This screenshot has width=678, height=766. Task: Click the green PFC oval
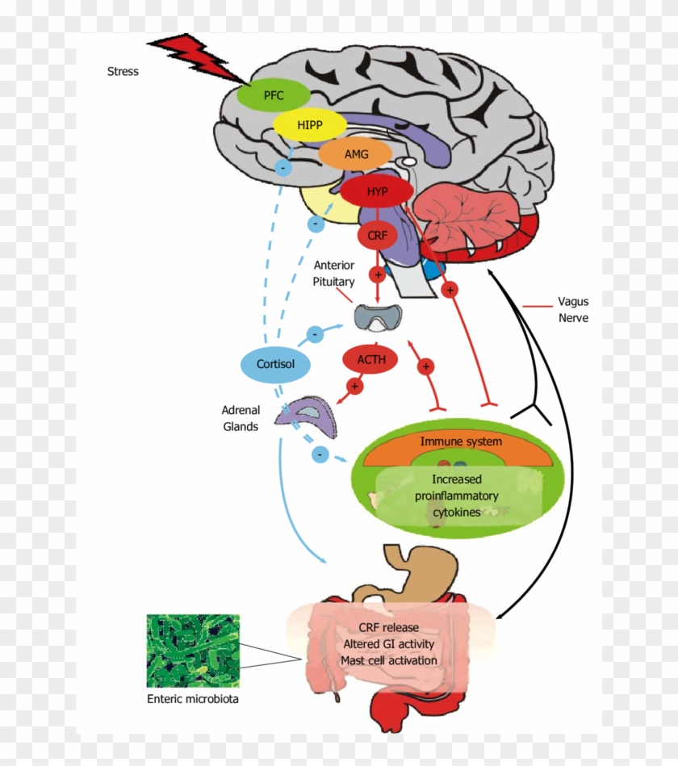[x=273, y=95]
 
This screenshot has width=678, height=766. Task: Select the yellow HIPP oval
[x=309, y=125]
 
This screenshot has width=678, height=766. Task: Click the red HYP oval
[x=377, y=191]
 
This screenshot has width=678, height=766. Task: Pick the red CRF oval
[x=377, y=235]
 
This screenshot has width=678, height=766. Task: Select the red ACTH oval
[x=370, y=359]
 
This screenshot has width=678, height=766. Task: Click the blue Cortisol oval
[x=275, y=364]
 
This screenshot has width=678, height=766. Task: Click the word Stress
[x=123, y=71]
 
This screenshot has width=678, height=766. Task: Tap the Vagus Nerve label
[x=573, y=310]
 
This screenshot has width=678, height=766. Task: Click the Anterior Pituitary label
[x=334, y=274]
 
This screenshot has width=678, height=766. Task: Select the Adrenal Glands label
[x=240, y=418]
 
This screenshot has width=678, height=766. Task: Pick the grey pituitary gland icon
[x=378, y=319]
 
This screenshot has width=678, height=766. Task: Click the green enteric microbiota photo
[x=182, y=651]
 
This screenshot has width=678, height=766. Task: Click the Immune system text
[x=460, y=442]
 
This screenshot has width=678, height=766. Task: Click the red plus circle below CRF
[x=377, y=274]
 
